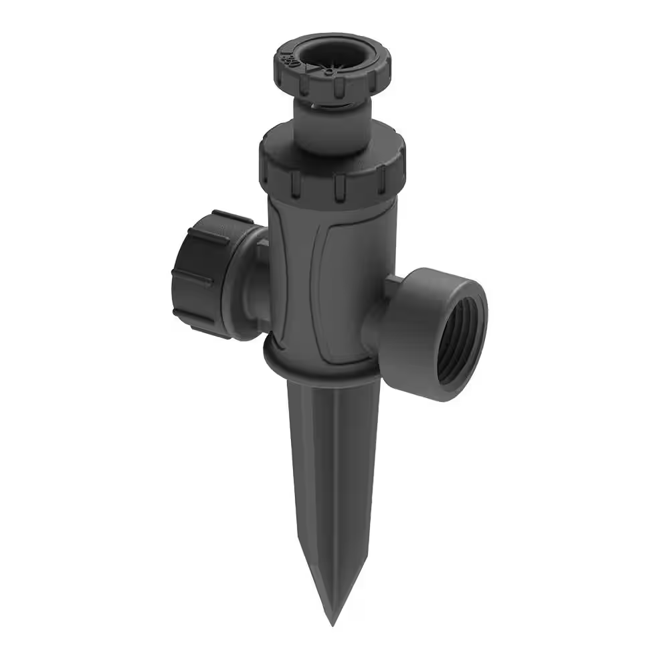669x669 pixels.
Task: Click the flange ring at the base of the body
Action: pos(321,361)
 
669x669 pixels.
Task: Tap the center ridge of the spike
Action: pos(332,482)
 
